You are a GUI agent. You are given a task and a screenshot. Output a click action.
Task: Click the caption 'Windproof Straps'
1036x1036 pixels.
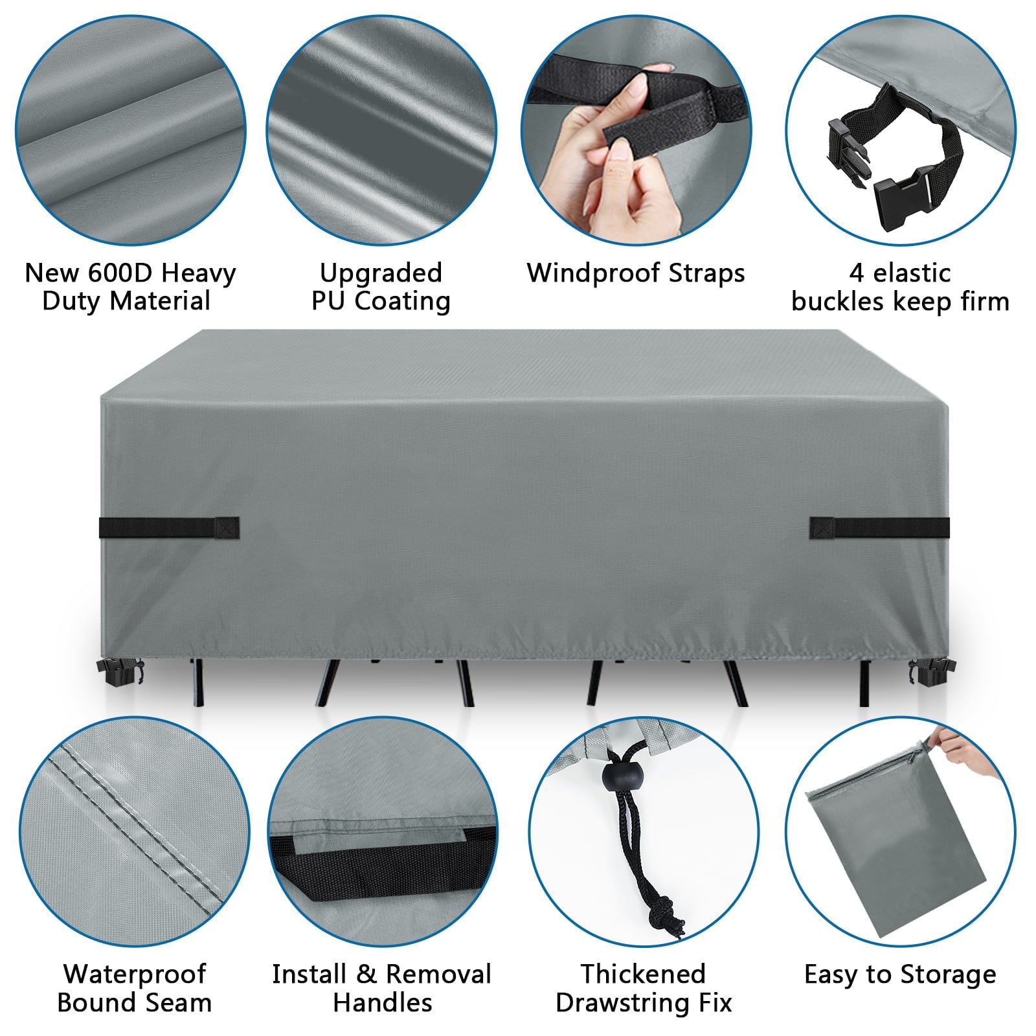tap(636, 273)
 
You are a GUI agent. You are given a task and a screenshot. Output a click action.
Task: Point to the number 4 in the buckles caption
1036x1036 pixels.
tap(857, 273)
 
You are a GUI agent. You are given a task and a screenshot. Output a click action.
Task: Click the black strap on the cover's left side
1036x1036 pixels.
tap(169, 527)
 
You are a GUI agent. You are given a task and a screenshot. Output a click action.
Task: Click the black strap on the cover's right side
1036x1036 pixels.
tap(879, 527)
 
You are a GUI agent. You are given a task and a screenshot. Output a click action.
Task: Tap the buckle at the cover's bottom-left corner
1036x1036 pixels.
tap(120, 673)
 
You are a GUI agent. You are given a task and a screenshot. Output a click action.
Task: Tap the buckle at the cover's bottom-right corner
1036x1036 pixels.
tap(929, 673)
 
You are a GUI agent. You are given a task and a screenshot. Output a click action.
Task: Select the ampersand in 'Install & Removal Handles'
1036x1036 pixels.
tap(366, 974)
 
